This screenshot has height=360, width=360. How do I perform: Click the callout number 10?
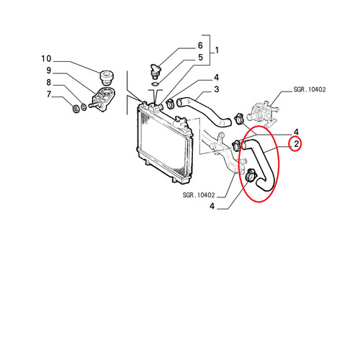[46, 59]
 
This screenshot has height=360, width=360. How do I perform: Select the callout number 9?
[49, 71]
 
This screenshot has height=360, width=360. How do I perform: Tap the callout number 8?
[49, 82]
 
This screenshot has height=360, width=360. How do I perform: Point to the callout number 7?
[49, 94]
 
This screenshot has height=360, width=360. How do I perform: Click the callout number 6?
[200, 45]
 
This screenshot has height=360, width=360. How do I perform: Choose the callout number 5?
[200, 58]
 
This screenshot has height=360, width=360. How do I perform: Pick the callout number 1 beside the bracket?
[217, 50]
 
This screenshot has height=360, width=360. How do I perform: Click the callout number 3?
[217, 89]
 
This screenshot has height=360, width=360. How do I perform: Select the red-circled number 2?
[297, 144]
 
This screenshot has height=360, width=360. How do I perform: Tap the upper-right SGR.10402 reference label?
[310, 89]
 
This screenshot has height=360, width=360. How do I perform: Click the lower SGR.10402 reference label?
[199, 195]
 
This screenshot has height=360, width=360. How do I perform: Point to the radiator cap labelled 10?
[107, 77]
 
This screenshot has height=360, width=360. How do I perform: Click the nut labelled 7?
[76, 109]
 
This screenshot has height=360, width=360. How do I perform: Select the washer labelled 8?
[84, 107]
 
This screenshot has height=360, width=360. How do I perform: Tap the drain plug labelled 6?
[155, 71]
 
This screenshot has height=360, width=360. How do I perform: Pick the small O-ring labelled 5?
[156, 84]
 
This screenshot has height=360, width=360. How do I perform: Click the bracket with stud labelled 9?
[102, 99]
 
